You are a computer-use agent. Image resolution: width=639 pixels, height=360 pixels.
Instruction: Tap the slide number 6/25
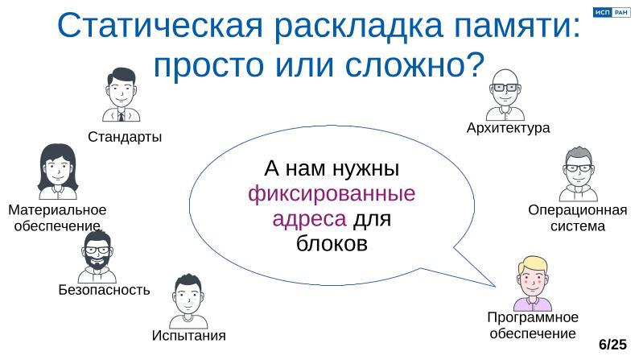(x=612, y=344)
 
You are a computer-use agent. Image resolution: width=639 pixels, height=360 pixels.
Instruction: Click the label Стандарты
(x=125, y=137)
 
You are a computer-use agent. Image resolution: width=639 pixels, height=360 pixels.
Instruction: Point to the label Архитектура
(x=508, y=128)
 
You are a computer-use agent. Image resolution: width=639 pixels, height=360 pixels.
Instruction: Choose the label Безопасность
(x=105, y=290)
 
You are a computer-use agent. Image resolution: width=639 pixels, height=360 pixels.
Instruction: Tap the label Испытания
(x=188, y=335)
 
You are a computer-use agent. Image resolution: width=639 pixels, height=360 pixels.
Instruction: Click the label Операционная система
(x=577, y=218)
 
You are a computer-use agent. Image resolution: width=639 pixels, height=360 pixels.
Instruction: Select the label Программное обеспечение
(x=532, y=325)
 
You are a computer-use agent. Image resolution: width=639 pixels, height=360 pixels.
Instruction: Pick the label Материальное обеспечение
(x=57, y=217)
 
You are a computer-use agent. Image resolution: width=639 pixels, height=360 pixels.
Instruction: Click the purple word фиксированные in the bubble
(x=332, y=194)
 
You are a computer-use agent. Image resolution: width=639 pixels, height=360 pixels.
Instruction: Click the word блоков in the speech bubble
(x=332, y=242)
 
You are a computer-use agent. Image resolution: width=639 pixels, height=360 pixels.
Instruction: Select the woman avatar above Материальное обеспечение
(x=57, y=172)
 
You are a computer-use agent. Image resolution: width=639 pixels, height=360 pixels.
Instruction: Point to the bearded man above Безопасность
(x=98, y=257)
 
